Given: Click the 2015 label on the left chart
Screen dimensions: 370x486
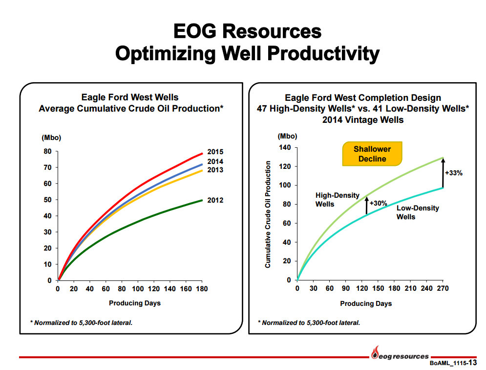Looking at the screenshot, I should [215, 152].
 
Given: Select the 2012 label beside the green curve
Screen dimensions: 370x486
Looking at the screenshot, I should [215, 200].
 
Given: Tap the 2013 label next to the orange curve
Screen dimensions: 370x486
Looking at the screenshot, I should [215, 170].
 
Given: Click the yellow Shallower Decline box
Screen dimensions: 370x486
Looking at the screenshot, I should [372, 154].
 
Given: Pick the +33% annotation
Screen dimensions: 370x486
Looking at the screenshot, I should [453, 173].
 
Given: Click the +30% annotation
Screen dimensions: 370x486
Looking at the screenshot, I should [378, 203].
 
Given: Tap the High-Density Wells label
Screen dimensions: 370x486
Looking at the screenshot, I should [337, 200].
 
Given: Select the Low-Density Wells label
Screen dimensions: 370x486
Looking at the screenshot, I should [418, 212].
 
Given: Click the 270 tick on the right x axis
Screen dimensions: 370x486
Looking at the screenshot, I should [443, 289].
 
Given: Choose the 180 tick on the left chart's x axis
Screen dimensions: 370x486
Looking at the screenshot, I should [202, 289].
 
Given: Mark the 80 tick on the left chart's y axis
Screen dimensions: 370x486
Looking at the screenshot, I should [47, 151].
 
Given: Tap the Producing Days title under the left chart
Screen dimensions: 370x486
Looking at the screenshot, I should [134, 303].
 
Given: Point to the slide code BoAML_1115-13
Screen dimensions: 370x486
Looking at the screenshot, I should [453, 363].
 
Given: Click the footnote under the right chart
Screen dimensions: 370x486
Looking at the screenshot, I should [309, 323].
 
